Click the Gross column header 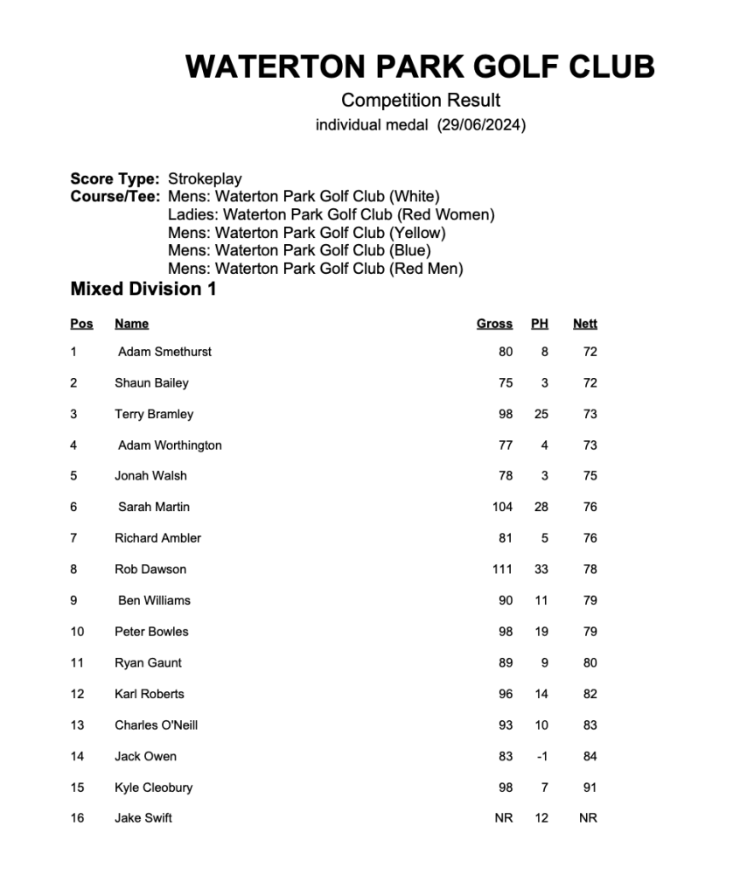[494, 324]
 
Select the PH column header [540, 324]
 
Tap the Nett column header [585, 324]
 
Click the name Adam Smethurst [164, 352]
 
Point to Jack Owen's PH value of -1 [541, 756]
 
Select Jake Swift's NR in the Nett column [588, 818]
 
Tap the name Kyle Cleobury [153, 787]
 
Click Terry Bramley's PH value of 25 [541, 414]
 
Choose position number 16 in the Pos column [77, 818]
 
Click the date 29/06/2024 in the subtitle [482, 125]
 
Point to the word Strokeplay [205, 178]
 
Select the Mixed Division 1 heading [143, 289]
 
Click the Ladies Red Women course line [331, 214]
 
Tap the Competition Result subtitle [421, 100]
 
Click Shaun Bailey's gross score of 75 [506, 382]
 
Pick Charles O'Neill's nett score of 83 [590, 724]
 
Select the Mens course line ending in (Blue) [299, 250]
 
